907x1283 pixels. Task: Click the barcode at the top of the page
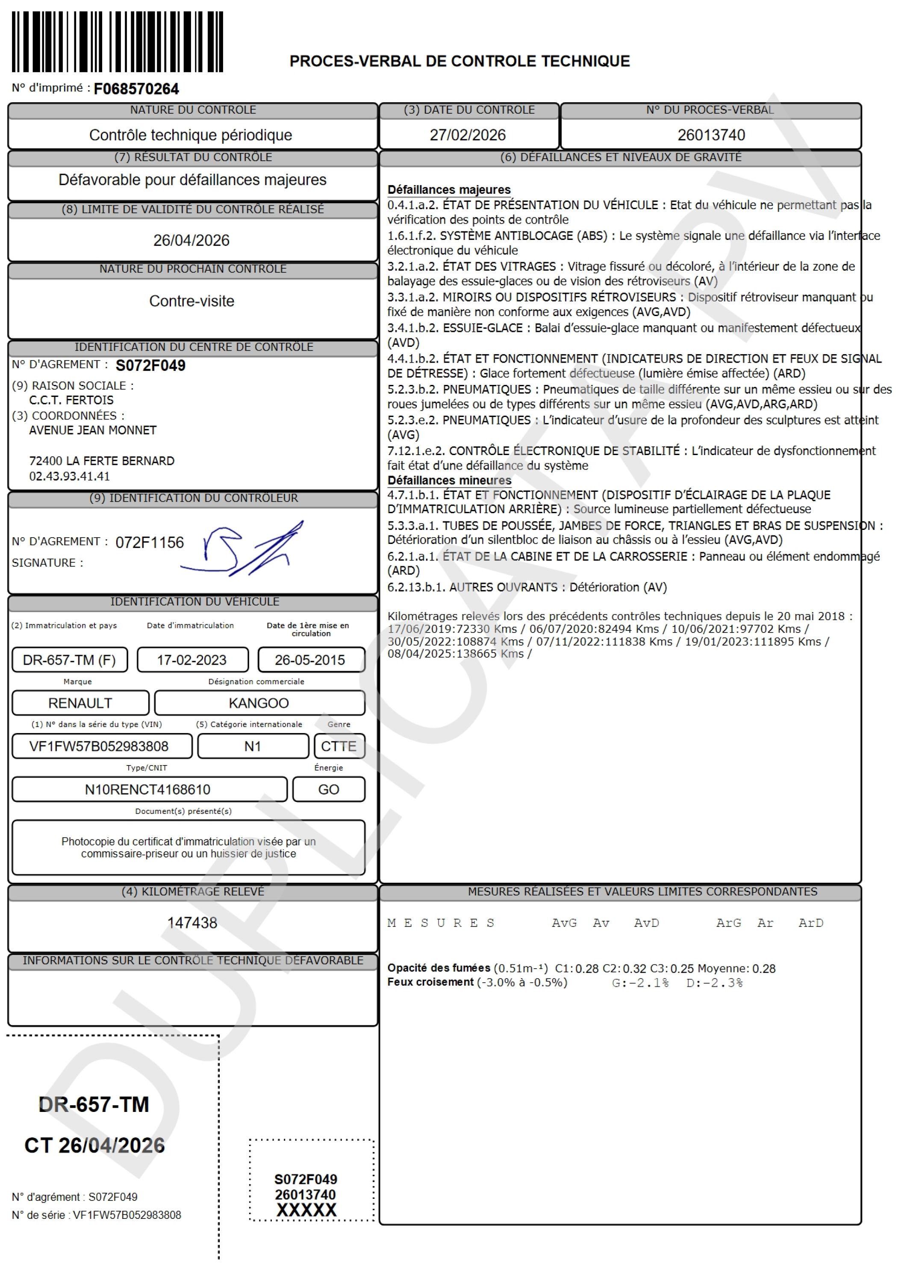117,42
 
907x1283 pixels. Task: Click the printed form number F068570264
136,89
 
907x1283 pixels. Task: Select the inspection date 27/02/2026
468,135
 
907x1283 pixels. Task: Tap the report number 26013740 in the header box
711,135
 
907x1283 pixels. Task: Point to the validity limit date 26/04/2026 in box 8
191,240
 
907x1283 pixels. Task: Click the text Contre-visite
191,301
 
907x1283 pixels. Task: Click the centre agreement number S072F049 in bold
150,366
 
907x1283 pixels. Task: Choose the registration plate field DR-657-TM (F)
69,660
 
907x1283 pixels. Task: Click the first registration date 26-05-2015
310,660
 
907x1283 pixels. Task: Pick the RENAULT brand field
80,703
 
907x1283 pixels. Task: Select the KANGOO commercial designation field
259,703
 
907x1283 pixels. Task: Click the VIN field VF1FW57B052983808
99,747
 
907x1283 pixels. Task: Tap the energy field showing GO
328,789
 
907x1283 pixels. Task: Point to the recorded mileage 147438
192,922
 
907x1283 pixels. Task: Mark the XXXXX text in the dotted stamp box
306,1210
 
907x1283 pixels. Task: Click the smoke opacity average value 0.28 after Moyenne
764,968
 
